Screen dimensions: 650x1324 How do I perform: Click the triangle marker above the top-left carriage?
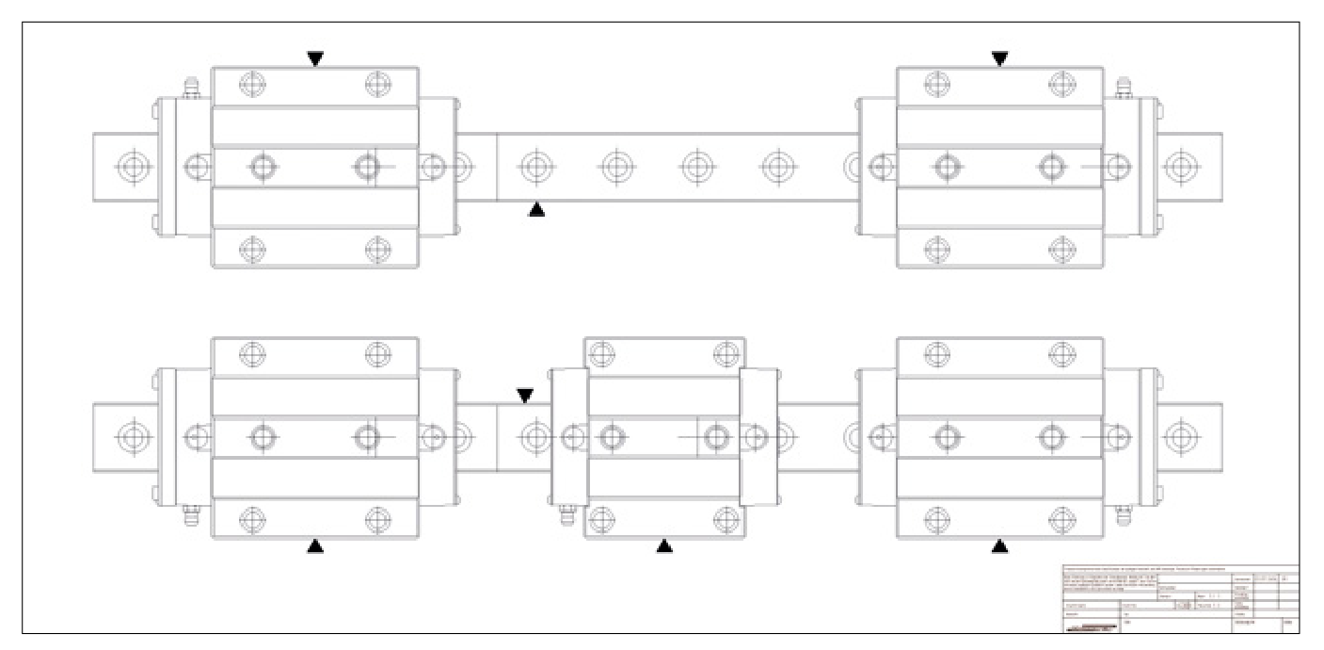[315, 58]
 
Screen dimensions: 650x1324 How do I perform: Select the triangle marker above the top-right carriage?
[999, 58]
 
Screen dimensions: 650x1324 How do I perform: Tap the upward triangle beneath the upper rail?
[536, 209]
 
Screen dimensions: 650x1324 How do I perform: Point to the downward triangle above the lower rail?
[525, 396]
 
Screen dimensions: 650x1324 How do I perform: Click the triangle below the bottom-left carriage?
[315, 545]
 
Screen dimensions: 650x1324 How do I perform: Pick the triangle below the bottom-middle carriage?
[664, 544]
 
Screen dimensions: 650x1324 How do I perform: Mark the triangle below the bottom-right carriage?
[999, 545]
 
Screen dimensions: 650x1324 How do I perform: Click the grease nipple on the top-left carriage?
[190, 89]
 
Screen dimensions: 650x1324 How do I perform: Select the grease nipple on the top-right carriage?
[1122, 89]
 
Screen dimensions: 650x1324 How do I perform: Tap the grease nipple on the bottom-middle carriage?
[567, 514]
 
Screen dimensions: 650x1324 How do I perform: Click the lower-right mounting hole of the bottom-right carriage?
[1062, 518]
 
